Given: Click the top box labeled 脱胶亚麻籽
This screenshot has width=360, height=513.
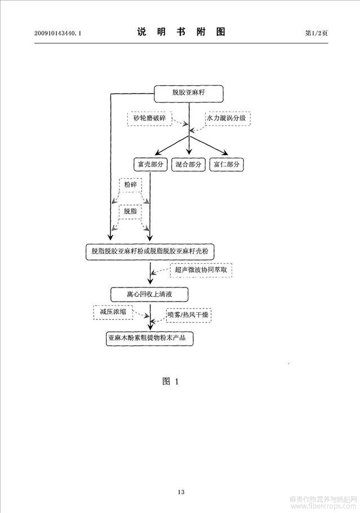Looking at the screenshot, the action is pyautogui.click(x=189, y=94).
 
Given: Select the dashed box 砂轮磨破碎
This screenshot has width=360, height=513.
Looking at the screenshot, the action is pyautogui.click(x=149, y=118).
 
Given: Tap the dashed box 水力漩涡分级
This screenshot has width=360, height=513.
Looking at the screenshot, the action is pyautogui.click(x=228, y=118).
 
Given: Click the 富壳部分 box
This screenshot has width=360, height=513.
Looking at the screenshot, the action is pyautogui.click(x=150, y=164).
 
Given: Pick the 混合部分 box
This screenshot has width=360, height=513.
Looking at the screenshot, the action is pyautogui.click(x=188, y=164).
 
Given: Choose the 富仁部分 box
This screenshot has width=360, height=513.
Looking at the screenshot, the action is pyautogui.click(x=226, y=164).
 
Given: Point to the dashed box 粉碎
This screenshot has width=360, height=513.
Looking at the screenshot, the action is pyautogui.click(x=131, y=184).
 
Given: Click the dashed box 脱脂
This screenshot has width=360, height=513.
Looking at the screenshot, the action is pyautogui.click(x=131, y=211).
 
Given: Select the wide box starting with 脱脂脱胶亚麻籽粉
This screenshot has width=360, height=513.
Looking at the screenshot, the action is pyautogui.click(x=150, y=251).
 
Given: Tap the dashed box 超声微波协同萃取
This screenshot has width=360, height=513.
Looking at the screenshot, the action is pyautogui.click(x=201, y=270).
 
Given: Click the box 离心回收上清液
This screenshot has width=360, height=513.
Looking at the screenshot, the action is pyautogui.click(x=149, y=294).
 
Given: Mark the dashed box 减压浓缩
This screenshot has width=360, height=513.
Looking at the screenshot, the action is pyautogui.click(x=113, y=312).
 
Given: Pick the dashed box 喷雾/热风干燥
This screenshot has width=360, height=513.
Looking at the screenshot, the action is pyautogui.click(x=189, y=315).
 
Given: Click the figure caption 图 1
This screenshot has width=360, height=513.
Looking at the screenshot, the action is pyautogui.click(x=171, y=382).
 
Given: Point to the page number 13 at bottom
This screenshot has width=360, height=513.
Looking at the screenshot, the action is pyautogui.click(x=181, y=492).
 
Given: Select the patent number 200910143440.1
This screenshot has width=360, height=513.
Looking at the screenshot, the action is pyautogui.click(x=57, y=33).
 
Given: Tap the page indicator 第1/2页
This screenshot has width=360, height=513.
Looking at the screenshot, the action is pyautogui.click(x=317, y=33).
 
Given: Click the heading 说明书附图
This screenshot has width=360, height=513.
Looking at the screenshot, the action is pyautogui.click(x=181, y=32).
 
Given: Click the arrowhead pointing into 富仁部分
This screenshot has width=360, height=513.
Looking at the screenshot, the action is pyautogui.click(x=225, y=152).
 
